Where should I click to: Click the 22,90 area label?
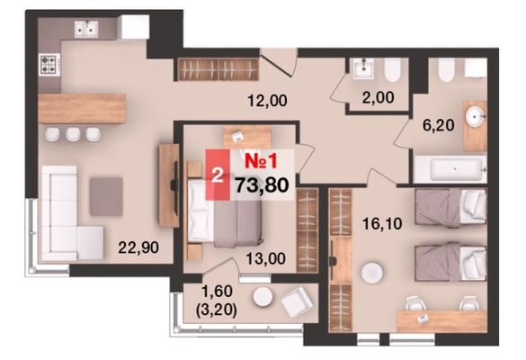click(x=138, y=247)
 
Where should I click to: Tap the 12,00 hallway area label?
click(x=267, y=101)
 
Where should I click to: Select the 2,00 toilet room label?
click(x=378, y=97)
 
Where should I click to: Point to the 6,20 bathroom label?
click(x=439, y=125)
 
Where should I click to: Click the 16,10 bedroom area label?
click(x=382, y=223)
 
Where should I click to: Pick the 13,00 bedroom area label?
click(x=265, y=258)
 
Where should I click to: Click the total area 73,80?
click(x=262, y=185)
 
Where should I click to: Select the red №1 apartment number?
click(x=261, y=161)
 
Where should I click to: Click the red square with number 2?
click(x=218, y=175)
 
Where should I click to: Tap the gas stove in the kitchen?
click(x=49, y=65)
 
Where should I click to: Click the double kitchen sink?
click(x=86, y=29)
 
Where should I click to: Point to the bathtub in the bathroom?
click(x=450, y=169)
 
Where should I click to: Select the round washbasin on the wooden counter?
click(x=475, y=117)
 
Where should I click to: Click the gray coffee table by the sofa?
click(x=106, y=196)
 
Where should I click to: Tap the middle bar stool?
click(x=73, y=134)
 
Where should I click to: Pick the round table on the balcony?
click(x=263, y=297)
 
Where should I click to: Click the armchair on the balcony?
click(x=298, y=301)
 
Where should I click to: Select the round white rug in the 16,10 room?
click(x=372, y=273)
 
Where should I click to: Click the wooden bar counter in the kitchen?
click(x=82, y=109)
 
